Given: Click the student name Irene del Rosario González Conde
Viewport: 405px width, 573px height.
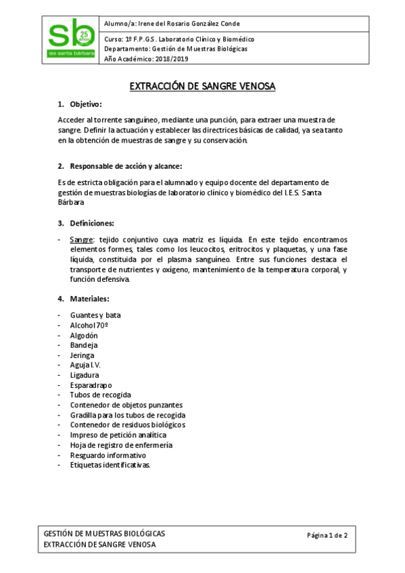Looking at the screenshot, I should pos(177,24).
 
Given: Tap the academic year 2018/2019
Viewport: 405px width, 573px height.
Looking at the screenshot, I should pos(147,59).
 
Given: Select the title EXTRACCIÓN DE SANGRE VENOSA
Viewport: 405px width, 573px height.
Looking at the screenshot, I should pos(202,86).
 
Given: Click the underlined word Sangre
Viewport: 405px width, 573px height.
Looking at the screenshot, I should pos(81,240).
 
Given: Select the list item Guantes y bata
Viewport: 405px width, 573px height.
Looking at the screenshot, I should pos(95,316).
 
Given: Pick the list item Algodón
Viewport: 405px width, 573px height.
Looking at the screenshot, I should pos(84,335).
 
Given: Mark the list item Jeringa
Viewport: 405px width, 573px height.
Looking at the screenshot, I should pos(82,355).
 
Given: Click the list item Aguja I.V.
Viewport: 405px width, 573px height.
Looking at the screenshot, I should pos(85,365).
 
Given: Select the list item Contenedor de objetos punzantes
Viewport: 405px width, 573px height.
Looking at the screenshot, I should pos(126,405).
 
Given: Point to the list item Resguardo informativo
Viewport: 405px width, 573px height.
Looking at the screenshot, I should pos(108,455).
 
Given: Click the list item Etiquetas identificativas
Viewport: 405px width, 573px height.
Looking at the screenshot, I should pos(110,465).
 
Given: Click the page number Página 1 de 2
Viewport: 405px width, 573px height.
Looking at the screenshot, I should pos(327,535).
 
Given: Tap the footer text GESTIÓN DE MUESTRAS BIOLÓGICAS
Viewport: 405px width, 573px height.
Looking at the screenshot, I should pos(104,533).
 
